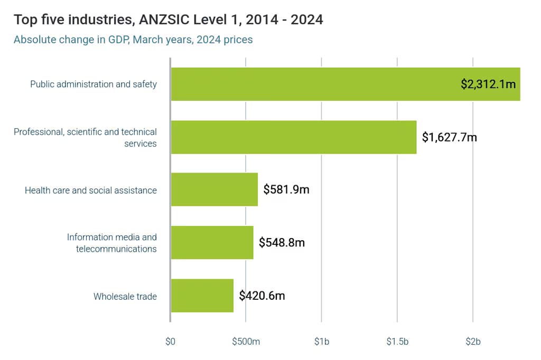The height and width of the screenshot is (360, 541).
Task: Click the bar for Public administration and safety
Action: [x=317, y=84]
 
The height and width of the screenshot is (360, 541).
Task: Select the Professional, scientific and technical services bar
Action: [x=293, y=137]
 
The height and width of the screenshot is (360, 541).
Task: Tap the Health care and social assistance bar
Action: [x=214, y=190]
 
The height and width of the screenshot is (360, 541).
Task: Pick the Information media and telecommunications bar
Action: [x=211, y=243]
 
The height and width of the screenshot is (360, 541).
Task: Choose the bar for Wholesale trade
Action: [x=202, y=296]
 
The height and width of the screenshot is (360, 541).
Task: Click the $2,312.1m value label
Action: [x=488, y=84]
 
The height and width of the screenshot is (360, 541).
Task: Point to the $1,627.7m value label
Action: [x=449, y=137]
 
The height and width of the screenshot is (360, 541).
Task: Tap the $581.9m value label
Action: [x=286, y=190]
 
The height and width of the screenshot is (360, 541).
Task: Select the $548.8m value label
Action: [x=282, y=243]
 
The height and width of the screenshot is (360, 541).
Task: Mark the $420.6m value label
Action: [x=262, y=296]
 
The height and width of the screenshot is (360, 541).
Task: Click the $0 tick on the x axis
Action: [x=170, y=342]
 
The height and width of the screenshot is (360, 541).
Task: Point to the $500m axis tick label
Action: [x=246, y=342]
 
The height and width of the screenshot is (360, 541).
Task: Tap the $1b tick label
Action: [x=321, y=342]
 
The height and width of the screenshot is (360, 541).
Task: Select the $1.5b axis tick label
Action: [x=397, y=342]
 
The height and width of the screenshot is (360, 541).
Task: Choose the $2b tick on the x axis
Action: [x=473, y=342]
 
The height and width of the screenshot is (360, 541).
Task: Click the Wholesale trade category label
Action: [x=125, y=297]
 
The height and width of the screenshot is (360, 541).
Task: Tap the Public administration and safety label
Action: [x=93, y=84]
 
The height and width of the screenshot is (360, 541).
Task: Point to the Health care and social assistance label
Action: [x=90, y=190]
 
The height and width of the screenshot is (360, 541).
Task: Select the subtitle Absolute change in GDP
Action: [x=133, y=40]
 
